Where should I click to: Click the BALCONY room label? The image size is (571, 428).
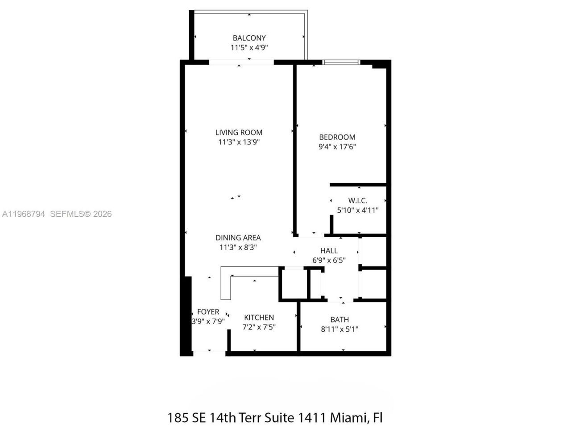[249, 38]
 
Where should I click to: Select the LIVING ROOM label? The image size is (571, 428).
[239, 132]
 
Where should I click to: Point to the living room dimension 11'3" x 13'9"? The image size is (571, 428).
[239, 142]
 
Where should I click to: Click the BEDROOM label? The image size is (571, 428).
[337, 137]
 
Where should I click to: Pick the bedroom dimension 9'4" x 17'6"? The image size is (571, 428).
[337, 147]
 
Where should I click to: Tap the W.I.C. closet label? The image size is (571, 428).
[358, 201]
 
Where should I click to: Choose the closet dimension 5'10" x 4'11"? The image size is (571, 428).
[358, 210]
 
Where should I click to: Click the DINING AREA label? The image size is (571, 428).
[238, 238]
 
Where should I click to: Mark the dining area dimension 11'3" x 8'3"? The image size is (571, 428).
[238, 247]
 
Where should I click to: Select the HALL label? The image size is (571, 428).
[329, 251]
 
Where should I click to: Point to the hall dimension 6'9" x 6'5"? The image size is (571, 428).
[329, 260]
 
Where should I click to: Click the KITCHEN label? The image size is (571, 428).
[259, 317]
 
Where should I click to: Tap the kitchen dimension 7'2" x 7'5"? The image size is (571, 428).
[259, 327]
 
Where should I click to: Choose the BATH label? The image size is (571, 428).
[339, 320]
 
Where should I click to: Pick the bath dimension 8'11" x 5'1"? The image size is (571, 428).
[339, 329]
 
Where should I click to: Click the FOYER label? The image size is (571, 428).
[208, 312]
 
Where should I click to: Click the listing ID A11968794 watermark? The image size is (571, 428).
[23, 214]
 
